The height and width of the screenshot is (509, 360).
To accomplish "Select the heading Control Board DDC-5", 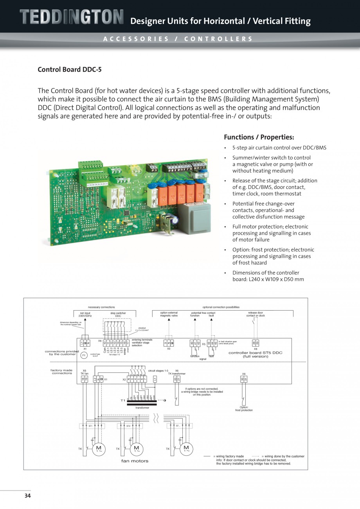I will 69,70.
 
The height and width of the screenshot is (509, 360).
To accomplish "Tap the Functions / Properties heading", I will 259,137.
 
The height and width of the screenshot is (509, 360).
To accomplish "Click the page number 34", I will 27,496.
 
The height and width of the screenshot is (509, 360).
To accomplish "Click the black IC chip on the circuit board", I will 127,212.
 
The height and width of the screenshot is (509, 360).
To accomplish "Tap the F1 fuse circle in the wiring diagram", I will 84,356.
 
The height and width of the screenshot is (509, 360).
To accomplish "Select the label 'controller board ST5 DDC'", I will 255,353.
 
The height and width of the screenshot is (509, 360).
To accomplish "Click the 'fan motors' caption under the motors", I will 135,461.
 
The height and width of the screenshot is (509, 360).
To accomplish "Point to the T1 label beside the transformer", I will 123,401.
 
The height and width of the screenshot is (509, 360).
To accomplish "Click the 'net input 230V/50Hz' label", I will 85,314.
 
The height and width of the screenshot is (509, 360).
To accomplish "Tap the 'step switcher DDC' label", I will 118,314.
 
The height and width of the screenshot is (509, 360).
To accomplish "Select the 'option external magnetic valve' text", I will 169,314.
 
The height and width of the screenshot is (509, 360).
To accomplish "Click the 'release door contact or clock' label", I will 255,314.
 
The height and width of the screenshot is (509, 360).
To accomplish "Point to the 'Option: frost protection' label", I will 244,408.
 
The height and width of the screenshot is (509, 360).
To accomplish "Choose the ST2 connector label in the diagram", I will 128,426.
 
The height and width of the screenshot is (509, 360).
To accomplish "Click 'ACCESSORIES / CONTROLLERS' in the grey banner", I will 178,39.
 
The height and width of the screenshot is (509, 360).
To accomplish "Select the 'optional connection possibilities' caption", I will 221,307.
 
